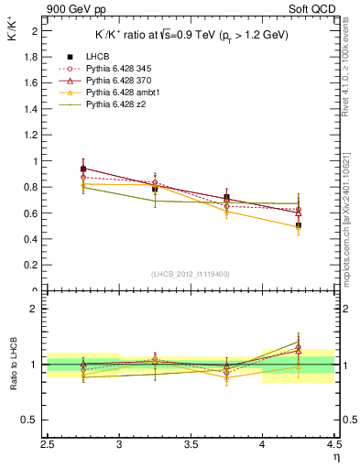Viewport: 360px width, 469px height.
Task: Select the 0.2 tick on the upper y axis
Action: pyautogui.click(x=36, y=266)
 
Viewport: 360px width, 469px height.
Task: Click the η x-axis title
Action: pyautogui.click(x=336, y=457)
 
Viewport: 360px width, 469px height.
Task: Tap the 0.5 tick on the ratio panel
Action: pyautogui.click(x=36, y=420)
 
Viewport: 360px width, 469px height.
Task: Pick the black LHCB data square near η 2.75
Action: pyautogui.click(x=83, y=169)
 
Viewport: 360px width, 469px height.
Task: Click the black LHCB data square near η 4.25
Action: pyautogui.click(x=298, y=225)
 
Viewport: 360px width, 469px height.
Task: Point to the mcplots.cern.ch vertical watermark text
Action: pyautogui.click(x=351, y=211)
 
